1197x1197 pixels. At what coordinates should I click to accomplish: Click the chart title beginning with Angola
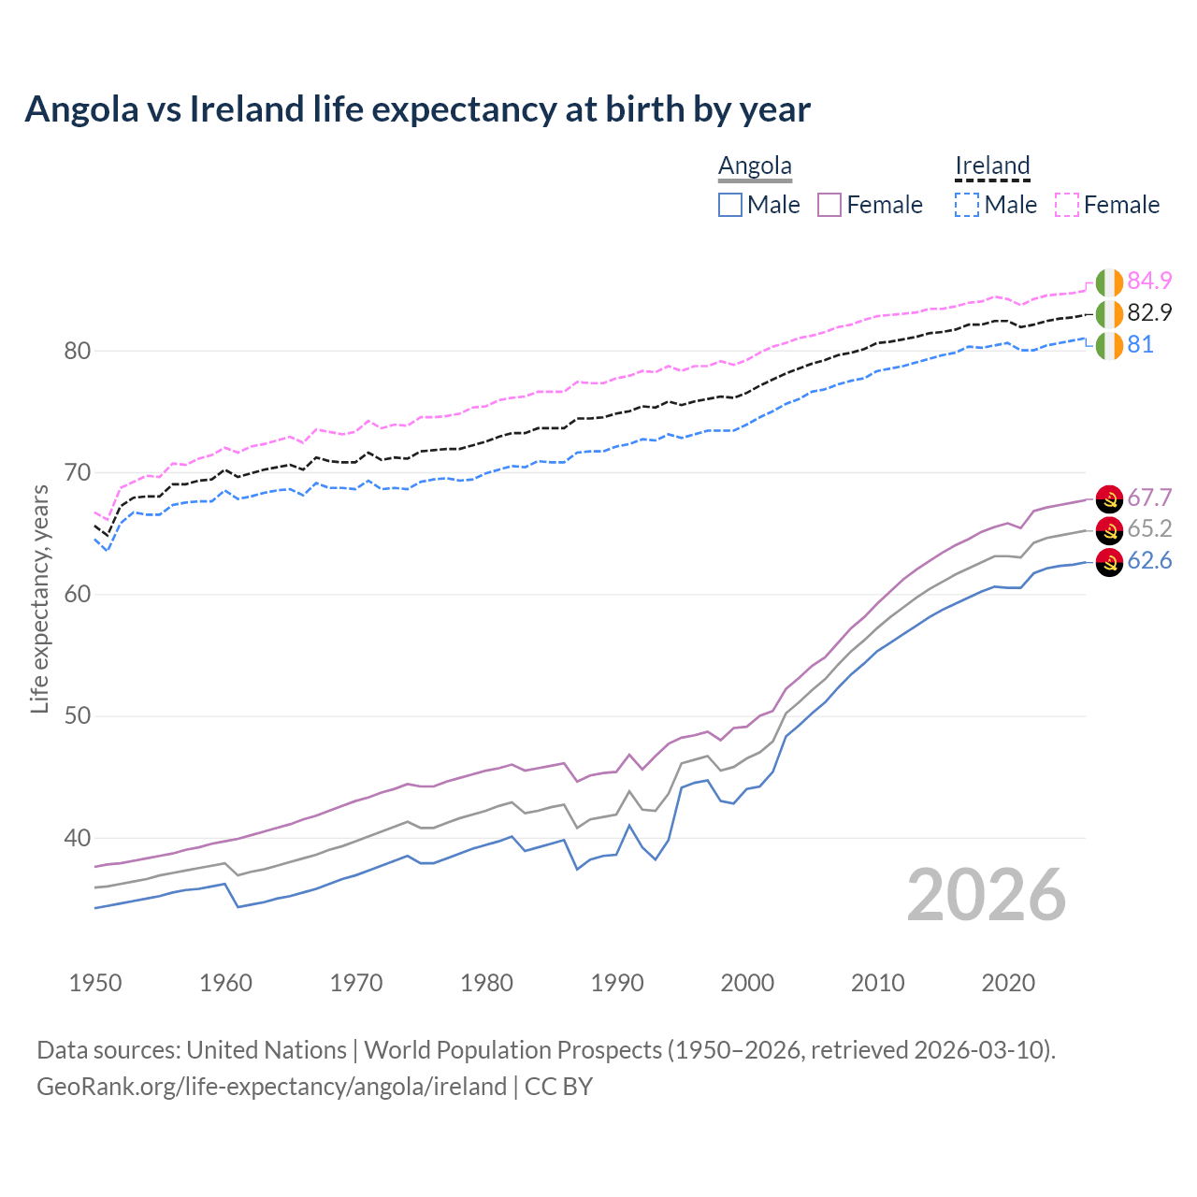click(x=417, y=109)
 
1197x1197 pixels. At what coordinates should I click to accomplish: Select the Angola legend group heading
click(x=755, y=166)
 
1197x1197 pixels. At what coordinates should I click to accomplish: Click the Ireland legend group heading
click(x=992, y=166)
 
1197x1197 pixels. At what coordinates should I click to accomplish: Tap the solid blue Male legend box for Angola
click(x=730, y=205)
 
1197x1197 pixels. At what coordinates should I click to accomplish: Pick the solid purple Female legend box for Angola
click(x=829, y=205)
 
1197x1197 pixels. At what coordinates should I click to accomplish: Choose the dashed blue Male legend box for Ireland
click(x=967, y=205)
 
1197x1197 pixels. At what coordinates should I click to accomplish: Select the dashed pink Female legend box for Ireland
click(x=1067, y=205)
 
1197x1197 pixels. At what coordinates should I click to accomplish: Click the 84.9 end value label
click(x=1149, y=281)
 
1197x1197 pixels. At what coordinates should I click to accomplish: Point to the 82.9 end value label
click(x=1149, y=312)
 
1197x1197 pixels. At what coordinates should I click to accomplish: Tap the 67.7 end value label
click(x=1149, y=498)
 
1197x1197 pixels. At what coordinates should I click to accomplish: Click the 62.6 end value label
click(x=1149, y=561)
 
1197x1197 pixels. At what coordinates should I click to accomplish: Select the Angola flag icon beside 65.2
click(x=1109, y=530)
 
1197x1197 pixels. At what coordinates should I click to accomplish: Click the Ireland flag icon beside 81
click(x=1109, y=345)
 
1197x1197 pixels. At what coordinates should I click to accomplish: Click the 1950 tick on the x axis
click(x=95, y=983)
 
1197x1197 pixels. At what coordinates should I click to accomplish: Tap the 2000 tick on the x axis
click(x=747, y=983)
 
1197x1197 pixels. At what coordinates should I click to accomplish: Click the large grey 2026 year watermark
click(x=986, y=895)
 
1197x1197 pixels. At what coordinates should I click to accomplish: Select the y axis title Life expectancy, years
click(x=39, y=598)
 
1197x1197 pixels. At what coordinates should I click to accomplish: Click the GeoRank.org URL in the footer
click(x=271, y=1087)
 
